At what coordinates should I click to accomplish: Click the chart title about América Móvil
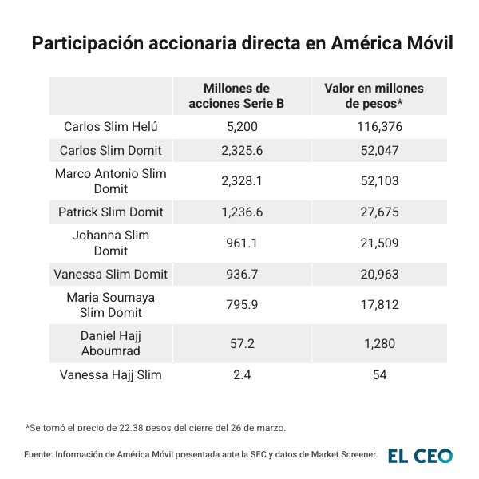point(242,43)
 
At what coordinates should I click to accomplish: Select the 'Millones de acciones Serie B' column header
point(236,96)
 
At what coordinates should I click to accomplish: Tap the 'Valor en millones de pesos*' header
point(374,96)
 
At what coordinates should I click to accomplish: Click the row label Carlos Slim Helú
point(111,127)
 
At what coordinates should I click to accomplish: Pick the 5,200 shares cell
point(236,127)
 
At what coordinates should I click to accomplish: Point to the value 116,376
point(374,127)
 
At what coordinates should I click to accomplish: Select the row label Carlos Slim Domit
point(111,150)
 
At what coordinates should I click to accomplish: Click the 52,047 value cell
point(374,150)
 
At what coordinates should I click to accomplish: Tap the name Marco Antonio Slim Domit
point(111,181)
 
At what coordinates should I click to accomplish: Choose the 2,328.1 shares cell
point(236,181)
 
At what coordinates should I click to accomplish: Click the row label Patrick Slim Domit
point(111,212)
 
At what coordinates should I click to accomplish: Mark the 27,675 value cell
point(374,212)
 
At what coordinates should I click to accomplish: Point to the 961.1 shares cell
point(236,243)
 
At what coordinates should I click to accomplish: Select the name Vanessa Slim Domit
point(111,274)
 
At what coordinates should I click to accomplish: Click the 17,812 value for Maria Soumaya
point(374,305)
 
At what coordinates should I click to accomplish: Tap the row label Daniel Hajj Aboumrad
point(111,343)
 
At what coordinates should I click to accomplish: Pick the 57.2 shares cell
point(236,343)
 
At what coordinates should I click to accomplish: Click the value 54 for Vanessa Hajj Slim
point(374,374)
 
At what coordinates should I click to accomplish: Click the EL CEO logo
point(420,456)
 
